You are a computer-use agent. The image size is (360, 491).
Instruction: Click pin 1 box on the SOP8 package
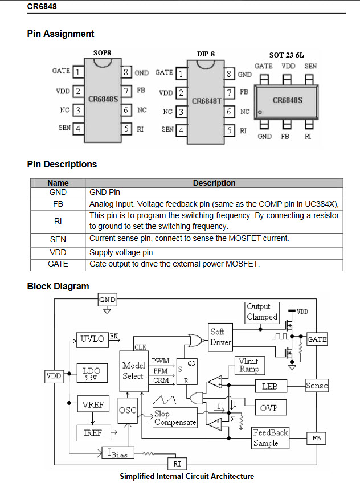[78, 72]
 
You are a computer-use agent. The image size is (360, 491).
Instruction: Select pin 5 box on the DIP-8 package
[230, 130]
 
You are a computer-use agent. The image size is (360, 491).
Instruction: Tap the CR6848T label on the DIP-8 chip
[207, 101]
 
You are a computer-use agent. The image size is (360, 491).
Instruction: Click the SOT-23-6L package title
[287, 55]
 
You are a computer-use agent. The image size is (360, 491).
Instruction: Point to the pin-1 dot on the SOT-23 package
[260, 112]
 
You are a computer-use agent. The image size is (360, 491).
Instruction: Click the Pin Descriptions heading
[62, 165]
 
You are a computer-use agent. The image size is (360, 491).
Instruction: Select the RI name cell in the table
[58, 222]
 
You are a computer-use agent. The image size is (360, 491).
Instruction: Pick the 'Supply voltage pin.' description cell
[214, 253]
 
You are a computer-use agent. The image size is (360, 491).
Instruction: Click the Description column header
[214, 183]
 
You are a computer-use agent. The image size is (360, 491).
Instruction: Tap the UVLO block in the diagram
[92, 339]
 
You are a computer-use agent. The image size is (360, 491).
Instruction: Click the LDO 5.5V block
[92, 373]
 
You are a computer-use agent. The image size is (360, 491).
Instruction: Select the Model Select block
[134, 371]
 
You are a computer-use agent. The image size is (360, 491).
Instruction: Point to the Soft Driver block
[220, 337]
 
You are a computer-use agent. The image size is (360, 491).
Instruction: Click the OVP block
[271, 407]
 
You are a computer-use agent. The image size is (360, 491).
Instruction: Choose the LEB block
[271, 386]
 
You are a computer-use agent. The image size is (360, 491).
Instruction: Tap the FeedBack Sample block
[270, 438]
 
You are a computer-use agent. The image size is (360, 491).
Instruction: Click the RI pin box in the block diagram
[177, 464]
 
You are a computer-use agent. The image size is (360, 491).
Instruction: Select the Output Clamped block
[262, 312]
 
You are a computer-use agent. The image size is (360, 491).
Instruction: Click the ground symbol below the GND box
[107, 311]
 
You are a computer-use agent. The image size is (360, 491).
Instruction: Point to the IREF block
[93, 433]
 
